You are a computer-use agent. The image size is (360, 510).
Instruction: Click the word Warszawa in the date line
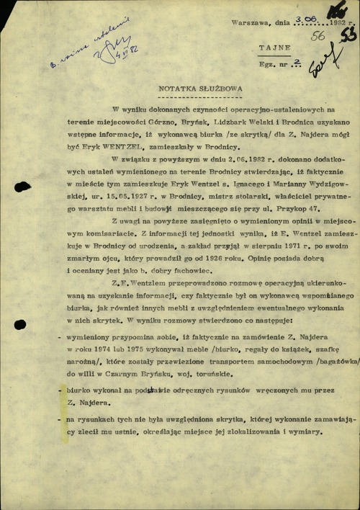tap(246, 22)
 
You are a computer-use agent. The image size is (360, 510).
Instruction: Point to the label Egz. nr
tap(273, 65)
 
